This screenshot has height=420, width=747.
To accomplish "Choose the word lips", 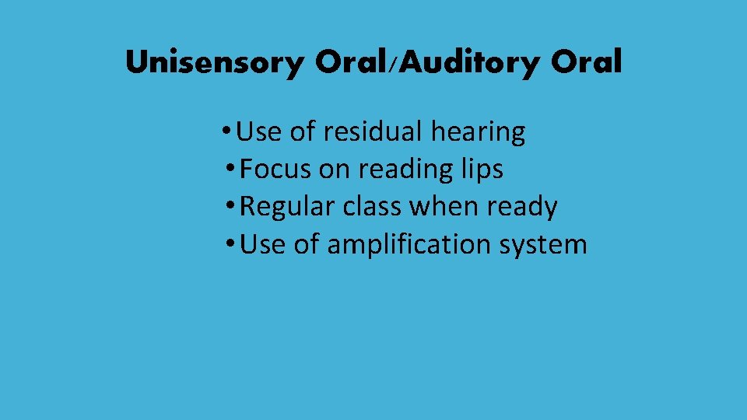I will (x=482, y=169).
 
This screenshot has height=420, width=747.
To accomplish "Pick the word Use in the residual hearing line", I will (x=259, y=132).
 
